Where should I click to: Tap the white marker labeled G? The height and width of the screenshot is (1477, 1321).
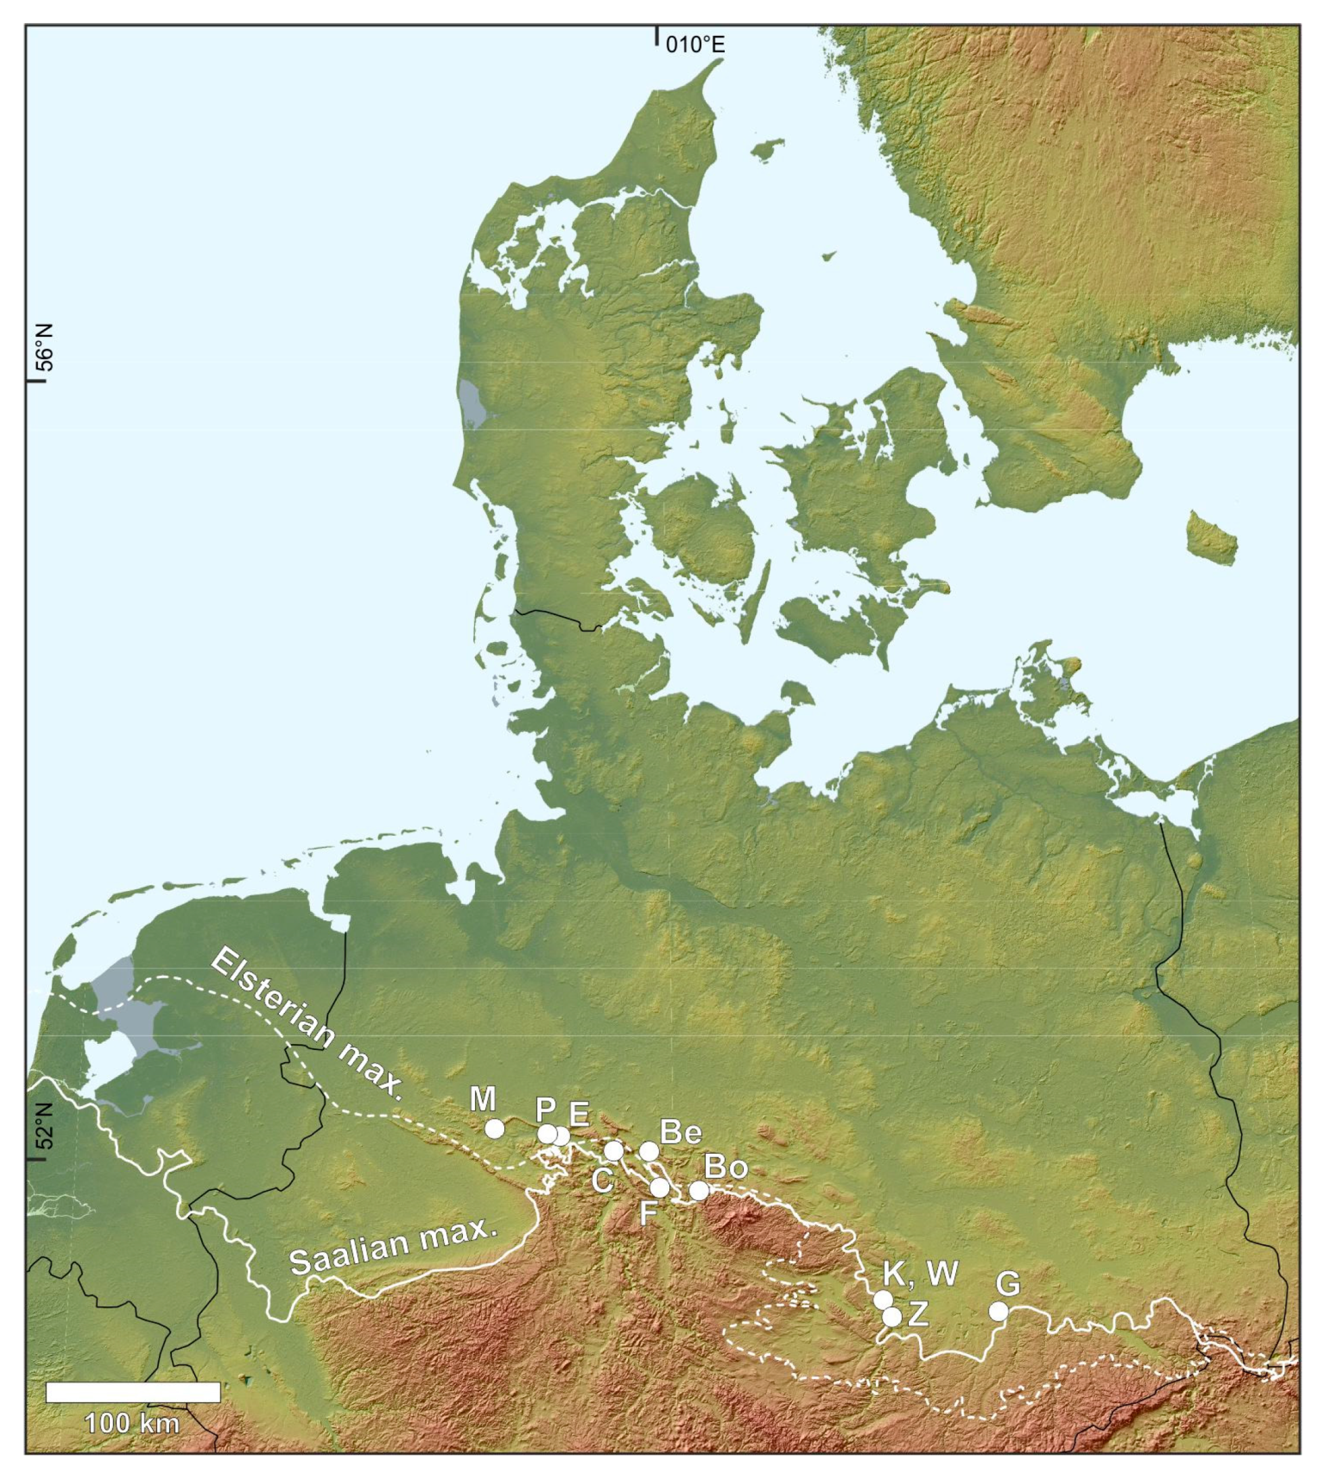pos(999,1311)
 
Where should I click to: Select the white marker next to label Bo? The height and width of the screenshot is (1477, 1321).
pos(698,1189)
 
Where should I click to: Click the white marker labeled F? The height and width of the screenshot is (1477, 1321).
pos(660,1187)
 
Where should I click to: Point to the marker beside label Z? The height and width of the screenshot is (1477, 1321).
pos(892,1316)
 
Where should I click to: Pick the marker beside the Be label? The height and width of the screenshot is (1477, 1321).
pos(649,1151)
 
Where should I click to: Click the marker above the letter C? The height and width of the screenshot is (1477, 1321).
pos(614,1150)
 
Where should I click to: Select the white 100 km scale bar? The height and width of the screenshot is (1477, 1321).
pos(133,1392)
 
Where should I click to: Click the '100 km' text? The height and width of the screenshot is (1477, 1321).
pos(132,1424)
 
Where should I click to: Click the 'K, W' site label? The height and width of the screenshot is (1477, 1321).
pos(920,1273)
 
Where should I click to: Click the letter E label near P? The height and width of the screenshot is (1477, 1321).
pos(579,1114)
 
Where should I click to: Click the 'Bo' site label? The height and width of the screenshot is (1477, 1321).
pos(726,1166)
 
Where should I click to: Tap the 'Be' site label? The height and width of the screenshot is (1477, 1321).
pos(680,1131)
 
